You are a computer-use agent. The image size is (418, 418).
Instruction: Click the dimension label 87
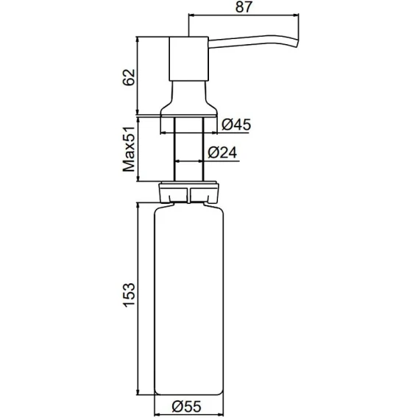pyautogui.click(x=244, y=7)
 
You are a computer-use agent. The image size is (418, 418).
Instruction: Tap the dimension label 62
pyautogui.click(x=129, y=77)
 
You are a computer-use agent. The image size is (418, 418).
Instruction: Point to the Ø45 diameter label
pyautogui.click(x=236, y=124)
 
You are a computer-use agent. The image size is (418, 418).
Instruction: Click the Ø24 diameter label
pyautogui.click(x=222, y=153)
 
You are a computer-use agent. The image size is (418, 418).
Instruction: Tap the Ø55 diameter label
pyautogui.click(x=187, y=407)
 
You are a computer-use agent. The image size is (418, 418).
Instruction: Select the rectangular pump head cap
pyautogui.click(x=188, y=58)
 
